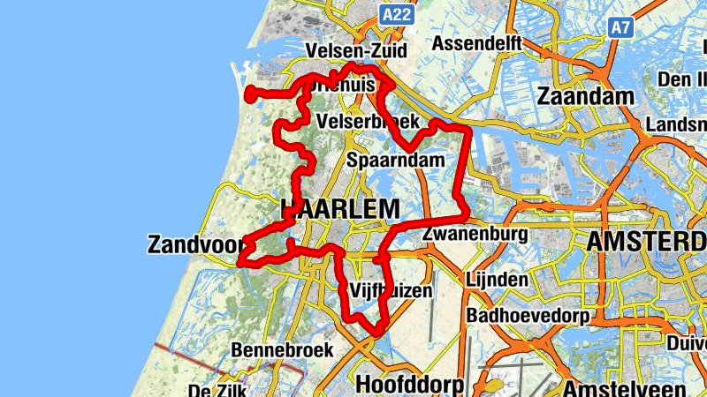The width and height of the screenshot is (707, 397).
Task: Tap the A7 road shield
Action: tap(621, 27)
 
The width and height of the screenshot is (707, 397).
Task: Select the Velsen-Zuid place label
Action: tap(348, 49)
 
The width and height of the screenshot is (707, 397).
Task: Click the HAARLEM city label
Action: tap(340, 209)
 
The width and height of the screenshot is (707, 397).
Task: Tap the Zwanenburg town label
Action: tap(475, 234)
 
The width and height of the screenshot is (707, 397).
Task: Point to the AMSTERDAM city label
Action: tap(645, 242)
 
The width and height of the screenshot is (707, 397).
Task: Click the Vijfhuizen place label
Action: tap(392, 289)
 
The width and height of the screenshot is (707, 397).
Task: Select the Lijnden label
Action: tap(497, 281)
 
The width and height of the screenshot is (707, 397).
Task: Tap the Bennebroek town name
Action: tap(283, 350)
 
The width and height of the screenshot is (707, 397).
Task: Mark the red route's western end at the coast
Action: tap(249, 92)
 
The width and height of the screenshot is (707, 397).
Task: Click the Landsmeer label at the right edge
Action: tap(676, 125)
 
